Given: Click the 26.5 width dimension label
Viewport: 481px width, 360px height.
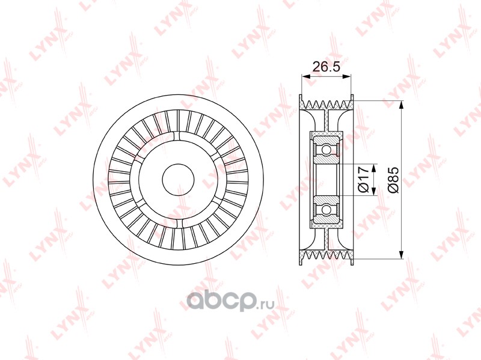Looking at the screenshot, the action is (x=326, y=66).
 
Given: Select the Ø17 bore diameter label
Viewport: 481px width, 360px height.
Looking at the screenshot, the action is (x=363, y=179).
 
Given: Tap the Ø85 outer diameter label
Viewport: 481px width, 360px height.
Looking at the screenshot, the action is (x=393, y=180).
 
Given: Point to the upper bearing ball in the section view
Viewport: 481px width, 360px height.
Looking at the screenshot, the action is (x=326, y=150).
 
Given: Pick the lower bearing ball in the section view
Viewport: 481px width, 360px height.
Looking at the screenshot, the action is (x=326, y=209).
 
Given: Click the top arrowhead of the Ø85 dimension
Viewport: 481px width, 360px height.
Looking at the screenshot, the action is (x=401, y=105).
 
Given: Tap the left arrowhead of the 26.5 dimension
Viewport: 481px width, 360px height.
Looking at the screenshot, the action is (x=306, y=77).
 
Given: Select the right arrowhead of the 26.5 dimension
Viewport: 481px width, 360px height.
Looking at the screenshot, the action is (x=346, y=77).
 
